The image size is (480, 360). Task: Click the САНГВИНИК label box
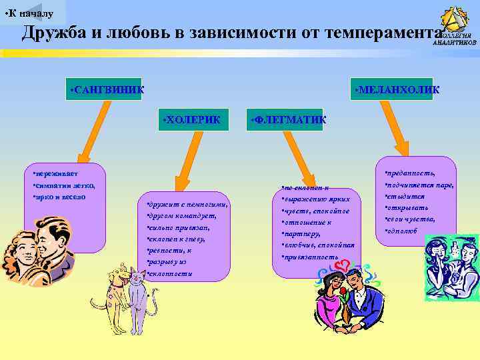pos(105,89)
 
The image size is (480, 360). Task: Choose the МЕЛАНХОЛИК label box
pos(393,89)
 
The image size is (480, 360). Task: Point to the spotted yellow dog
pos(115,293)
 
